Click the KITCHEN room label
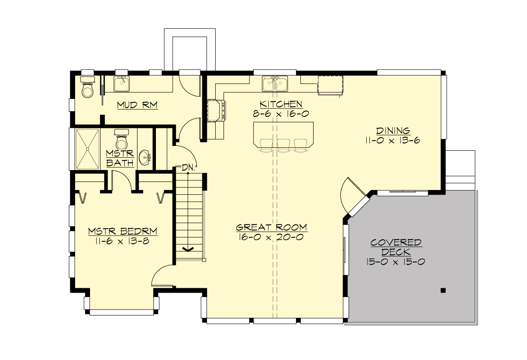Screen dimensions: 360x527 click(x=281, y=104)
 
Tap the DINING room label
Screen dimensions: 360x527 click(x=393, y=131)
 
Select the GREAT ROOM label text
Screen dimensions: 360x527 click(x=271, y=227)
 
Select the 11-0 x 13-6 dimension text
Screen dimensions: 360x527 click(x=393, y=140)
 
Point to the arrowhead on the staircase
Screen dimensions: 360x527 click(x=188, y=249)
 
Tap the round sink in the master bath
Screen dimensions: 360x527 click(x=144, y=157)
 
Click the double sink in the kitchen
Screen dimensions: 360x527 click(x=275, y=83)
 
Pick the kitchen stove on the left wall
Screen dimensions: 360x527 click(x=216, y=110)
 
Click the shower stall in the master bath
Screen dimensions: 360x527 click(x=87, y=149)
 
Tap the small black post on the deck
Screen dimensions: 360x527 click(x=443, y=290)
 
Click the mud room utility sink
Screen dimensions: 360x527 click(x=122, y=83)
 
